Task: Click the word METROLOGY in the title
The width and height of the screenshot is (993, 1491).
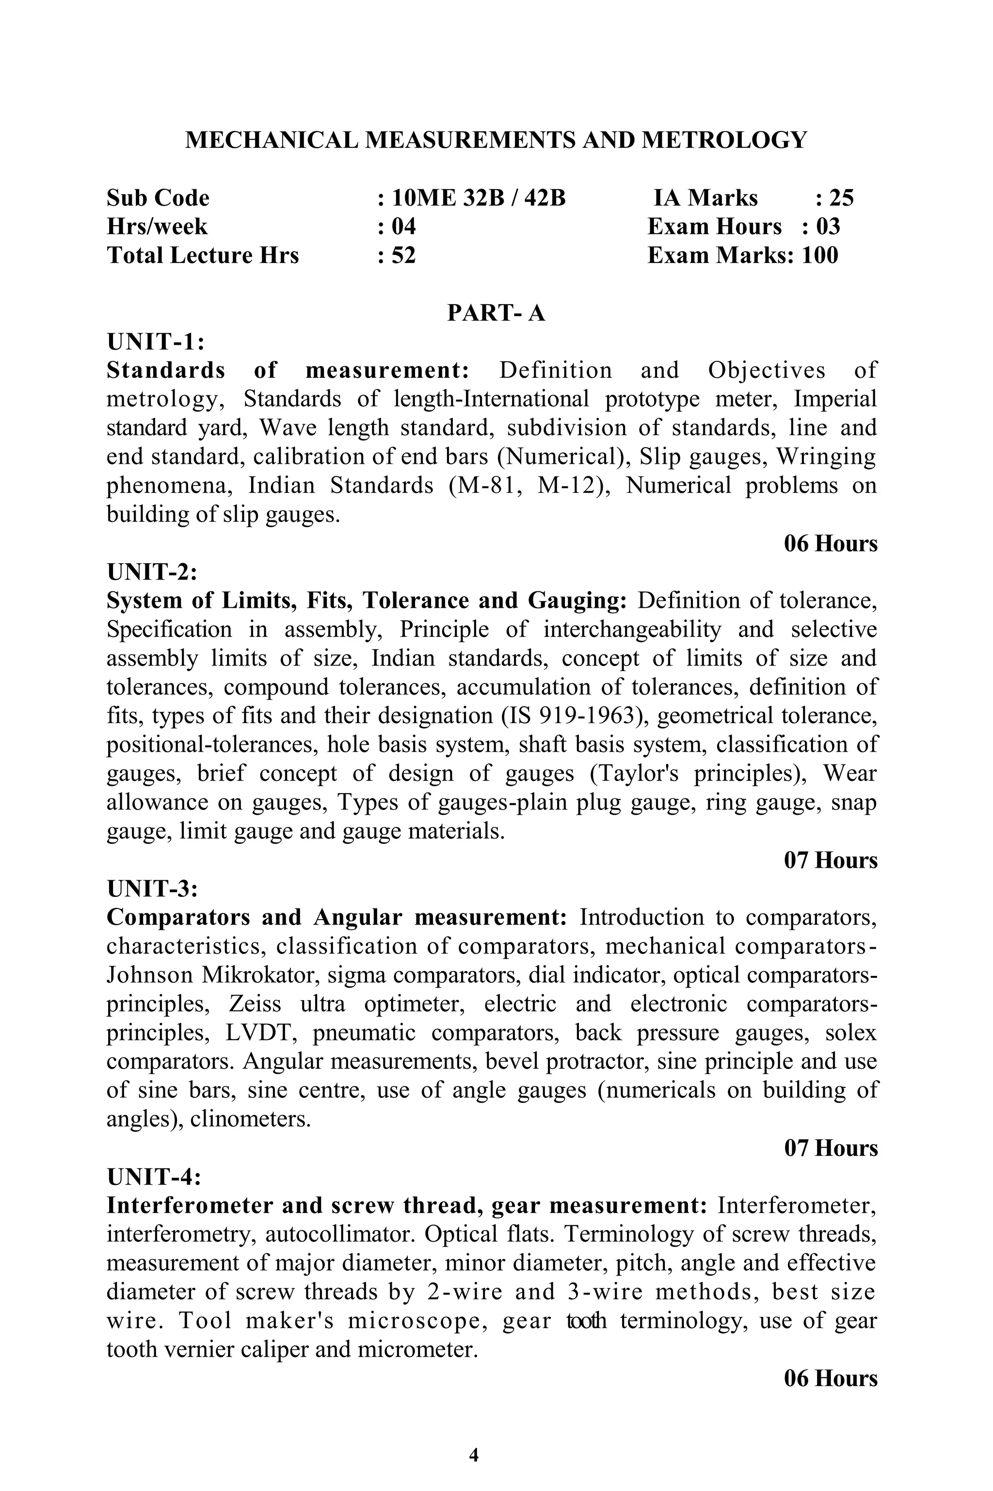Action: click(724, 140)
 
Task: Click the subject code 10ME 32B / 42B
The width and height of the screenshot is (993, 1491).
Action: click(478, 198)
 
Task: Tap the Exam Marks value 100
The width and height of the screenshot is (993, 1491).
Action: click(820, 255)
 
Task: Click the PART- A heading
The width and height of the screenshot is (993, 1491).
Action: click(496, 313)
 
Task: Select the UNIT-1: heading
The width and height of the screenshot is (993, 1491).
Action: click(155, 342)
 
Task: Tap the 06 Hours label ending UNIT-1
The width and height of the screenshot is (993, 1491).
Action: click(830, 543)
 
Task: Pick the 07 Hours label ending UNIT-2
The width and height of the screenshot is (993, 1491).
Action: click(830, 860)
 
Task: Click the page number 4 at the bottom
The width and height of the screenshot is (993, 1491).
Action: click(474, 1450)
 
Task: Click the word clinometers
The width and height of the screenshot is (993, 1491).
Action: click(250, 1119)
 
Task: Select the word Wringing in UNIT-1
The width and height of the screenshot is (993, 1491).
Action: click(826, 457)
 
